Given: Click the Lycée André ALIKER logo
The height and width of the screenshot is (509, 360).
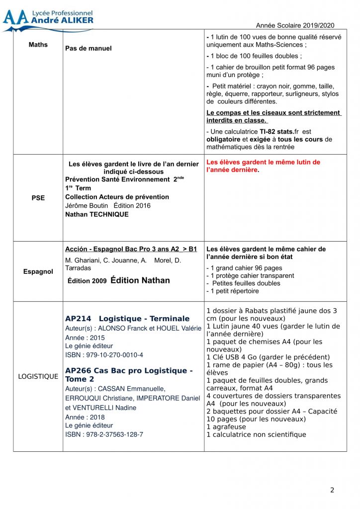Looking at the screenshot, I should [48, 19].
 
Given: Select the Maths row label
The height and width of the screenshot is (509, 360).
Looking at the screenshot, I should [38, 45].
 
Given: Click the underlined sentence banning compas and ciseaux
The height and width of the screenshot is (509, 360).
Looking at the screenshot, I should [273, 116].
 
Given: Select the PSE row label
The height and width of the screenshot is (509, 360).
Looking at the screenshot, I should [38, 198].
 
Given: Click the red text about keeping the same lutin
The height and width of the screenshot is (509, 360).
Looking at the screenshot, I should [263, 166].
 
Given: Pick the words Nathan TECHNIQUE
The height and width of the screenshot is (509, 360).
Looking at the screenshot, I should [96, 215].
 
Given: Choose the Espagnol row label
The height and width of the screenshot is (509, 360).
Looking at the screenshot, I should [38, 272].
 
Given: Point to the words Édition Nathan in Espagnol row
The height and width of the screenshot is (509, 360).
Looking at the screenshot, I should [140, 280].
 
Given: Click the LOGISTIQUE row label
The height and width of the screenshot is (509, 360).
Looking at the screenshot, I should [38, 376].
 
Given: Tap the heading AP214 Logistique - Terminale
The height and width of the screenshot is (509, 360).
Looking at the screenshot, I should [127, 319].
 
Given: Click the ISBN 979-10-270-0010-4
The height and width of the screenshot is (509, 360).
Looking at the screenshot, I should [104, 355].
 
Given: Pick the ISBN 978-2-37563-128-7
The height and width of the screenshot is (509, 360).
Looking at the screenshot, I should [104, 434].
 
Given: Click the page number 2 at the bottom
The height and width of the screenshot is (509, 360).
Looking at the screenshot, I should [332, 490].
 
